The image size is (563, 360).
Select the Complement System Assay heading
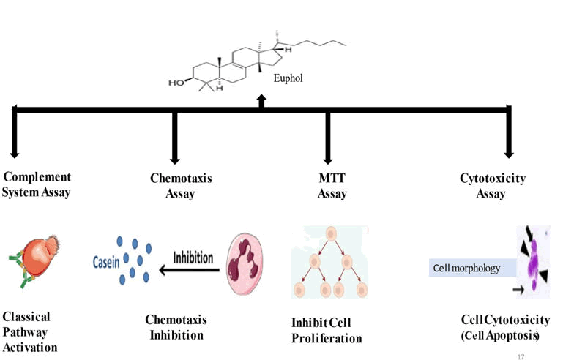click(37, 184)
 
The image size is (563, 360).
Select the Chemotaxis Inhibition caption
click(176, 327)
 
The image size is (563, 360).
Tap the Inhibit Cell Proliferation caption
click(327, 331)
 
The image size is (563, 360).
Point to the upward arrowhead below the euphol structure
click(261, 100)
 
